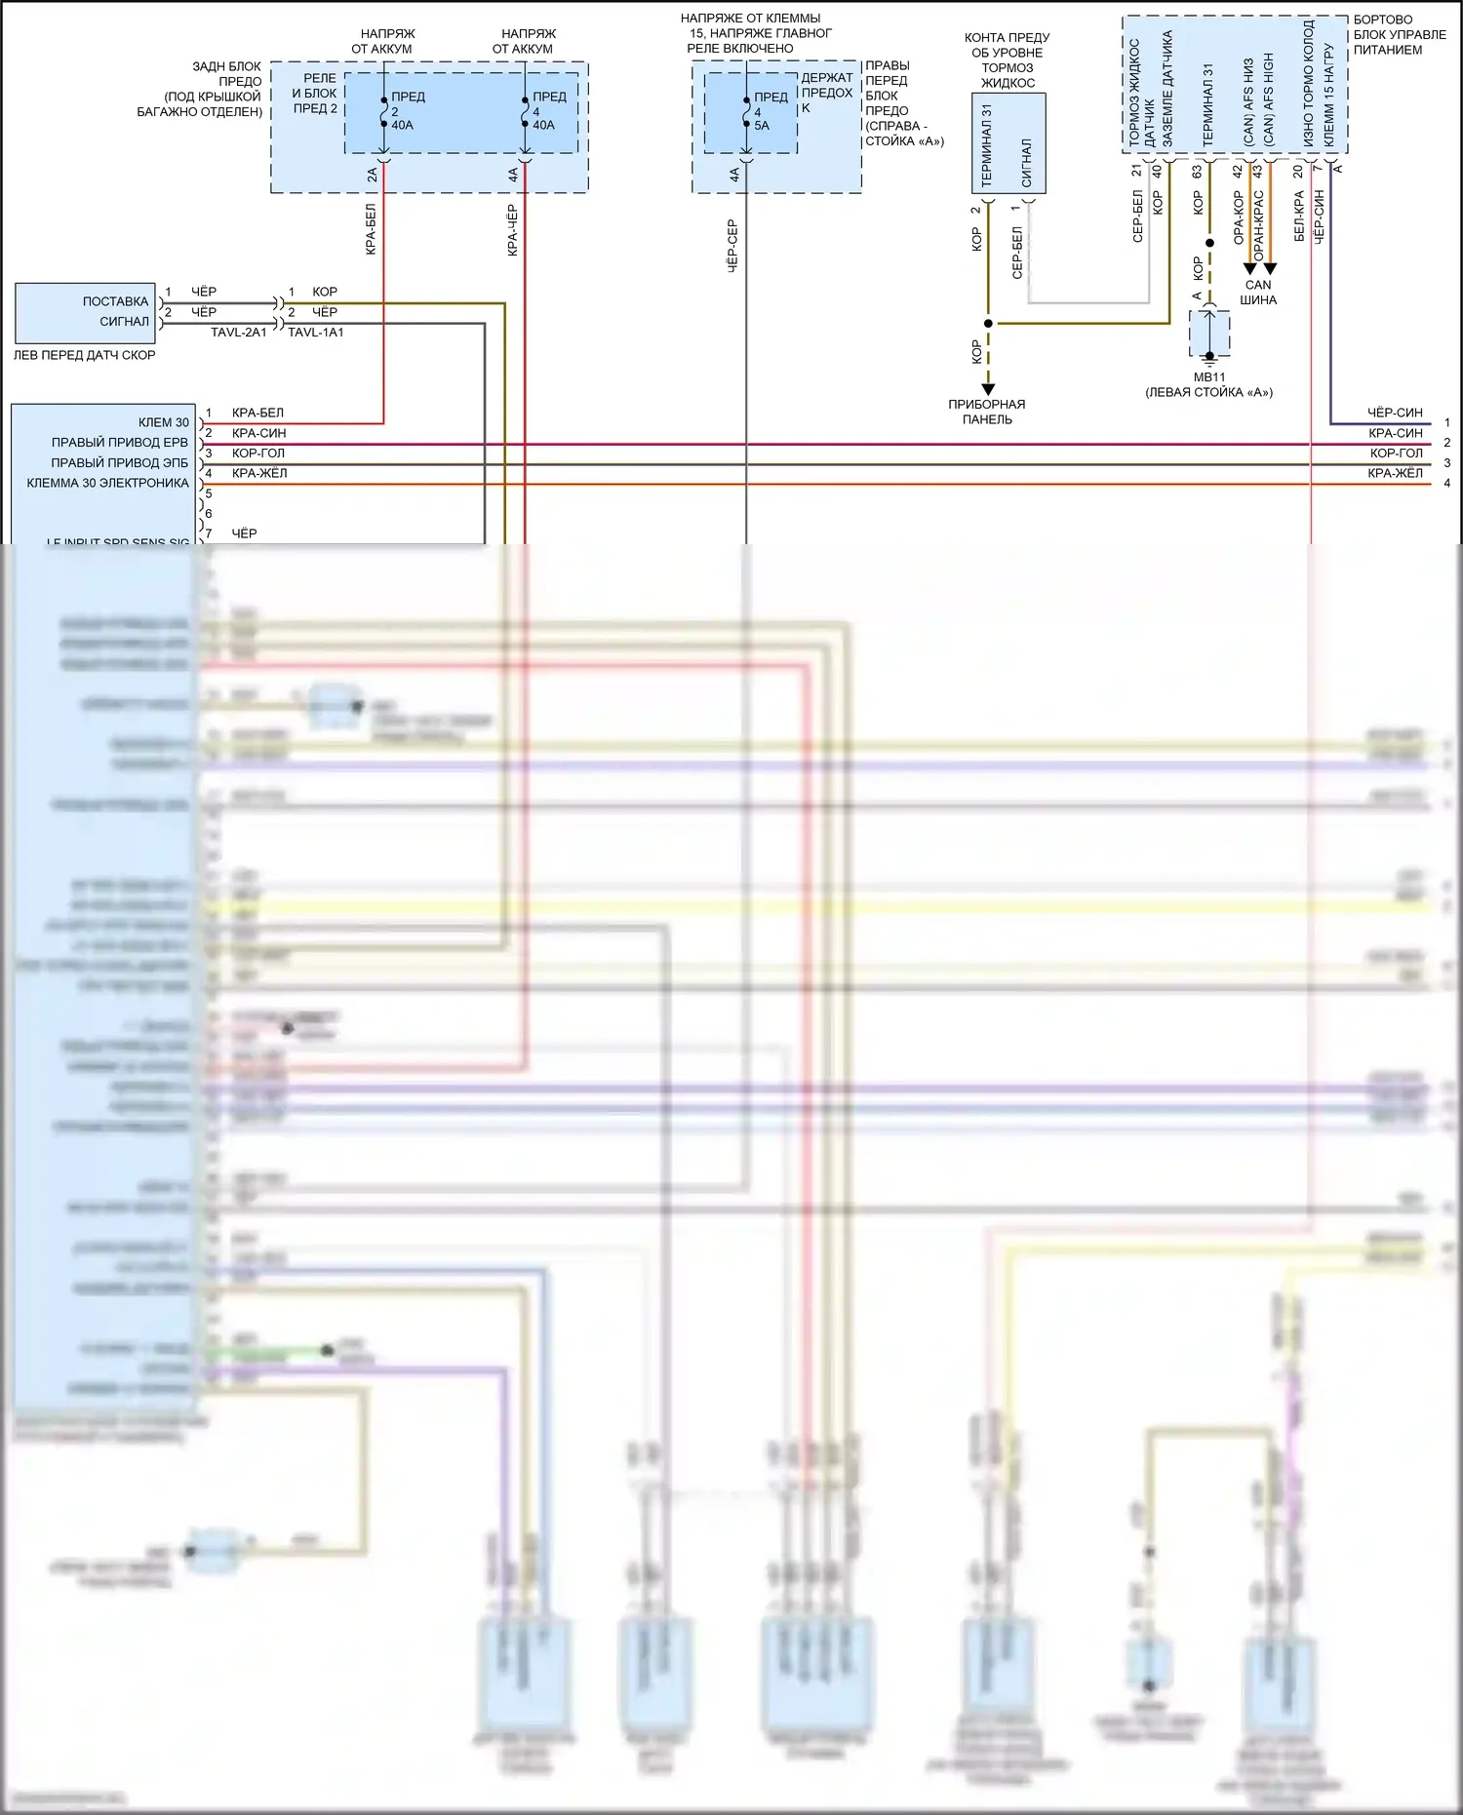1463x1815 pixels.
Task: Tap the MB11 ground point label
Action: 1208,377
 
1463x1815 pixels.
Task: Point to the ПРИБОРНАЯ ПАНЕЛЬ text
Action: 987,412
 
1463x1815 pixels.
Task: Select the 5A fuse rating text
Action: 762,126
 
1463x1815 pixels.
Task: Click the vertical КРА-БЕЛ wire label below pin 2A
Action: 371,229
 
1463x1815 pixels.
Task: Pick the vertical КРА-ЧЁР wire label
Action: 512,231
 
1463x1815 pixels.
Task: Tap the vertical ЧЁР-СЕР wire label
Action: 732,245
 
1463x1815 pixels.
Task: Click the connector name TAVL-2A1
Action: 238,333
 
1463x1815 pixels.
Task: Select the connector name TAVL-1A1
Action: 316,333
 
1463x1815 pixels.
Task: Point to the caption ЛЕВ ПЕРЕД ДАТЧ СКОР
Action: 84,355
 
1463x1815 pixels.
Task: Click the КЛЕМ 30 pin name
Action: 164,422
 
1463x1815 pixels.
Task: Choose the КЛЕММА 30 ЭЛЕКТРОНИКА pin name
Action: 108,483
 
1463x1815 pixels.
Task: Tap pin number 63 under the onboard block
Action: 1197,172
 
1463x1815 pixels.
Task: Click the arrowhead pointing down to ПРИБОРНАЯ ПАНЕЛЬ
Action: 988,389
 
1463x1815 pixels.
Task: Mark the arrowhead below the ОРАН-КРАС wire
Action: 1270,269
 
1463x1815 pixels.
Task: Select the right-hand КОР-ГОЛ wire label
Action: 1396,454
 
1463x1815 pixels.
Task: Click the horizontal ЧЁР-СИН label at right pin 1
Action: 1395,413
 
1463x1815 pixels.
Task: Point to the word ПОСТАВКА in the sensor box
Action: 115,301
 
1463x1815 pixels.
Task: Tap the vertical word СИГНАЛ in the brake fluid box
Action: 1026,162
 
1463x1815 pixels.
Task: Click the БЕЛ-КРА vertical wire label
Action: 1298,216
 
